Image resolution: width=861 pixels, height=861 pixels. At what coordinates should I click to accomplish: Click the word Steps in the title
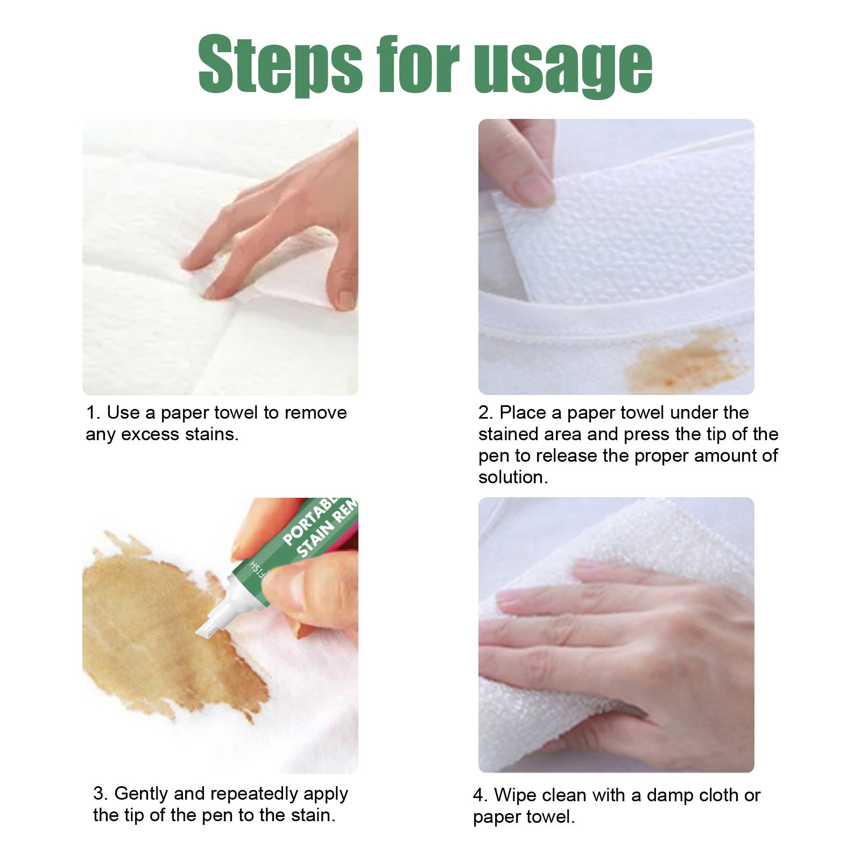click(x=280, y=65)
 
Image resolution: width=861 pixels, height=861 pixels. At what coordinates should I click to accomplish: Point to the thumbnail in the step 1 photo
click(x=345, y=299)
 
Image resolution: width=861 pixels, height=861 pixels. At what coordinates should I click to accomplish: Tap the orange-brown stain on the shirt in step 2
click(x=683, y=361)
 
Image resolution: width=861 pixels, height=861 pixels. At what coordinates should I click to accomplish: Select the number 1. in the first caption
click(x=93, y=413)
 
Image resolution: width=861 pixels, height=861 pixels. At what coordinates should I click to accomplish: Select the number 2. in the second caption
click(x=485, y=413)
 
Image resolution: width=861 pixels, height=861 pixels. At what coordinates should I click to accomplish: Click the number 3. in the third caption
click(x=100, y=794)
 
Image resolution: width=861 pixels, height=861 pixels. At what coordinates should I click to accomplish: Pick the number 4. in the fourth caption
click(x=480, y=795)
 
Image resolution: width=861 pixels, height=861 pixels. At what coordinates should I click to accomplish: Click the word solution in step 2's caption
click(x=511, y=477)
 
